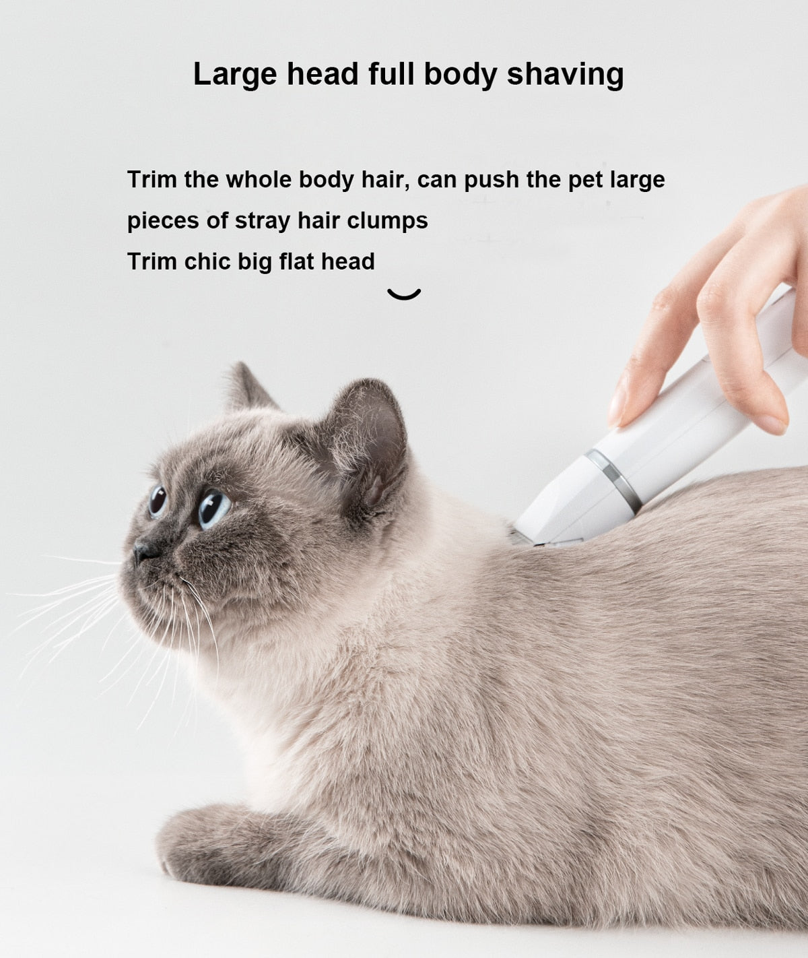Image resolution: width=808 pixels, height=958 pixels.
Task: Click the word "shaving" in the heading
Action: pos(565,74)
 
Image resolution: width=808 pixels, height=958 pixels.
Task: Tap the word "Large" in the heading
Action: pos(235,74)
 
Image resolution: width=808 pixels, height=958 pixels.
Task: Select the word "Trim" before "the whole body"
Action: pos(153,180)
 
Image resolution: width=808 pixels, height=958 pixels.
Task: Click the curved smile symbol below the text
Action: pos(404,294)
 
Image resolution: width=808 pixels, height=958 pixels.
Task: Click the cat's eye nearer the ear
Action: pos(213,508)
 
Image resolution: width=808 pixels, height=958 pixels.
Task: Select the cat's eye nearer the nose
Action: pos(158,500)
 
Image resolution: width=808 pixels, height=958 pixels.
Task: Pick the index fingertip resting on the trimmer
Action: pos(617,411)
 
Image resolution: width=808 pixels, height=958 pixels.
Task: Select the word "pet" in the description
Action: pos(585,180)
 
